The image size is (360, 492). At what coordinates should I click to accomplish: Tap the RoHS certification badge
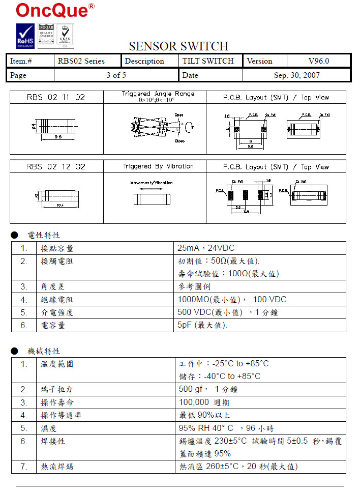(x=25, y=36)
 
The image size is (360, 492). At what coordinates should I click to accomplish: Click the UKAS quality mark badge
(x=65, y=36)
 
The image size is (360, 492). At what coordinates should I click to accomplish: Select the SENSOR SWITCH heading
(x=178, y=46)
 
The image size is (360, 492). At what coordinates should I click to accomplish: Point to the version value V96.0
(x=319, y=61)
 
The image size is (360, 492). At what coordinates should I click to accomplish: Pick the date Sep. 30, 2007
(x=297, y=75)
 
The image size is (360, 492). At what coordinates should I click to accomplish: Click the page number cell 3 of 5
(x=116, y=75)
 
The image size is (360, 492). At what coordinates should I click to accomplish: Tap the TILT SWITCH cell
(x=208, y=61)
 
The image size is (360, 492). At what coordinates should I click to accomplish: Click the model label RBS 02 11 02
(x=56, y=97)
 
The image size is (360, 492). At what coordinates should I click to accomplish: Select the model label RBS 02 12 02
(x=56, y=167)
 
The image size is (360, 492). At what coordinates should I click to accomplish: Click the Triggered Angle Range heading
(x=158, y=94)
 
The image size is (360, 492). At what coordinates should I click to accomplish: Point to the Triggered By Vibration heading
(x=158, y=166)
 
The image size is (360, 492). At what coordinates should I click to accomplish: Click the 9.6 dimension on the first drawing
(x=58, y=137)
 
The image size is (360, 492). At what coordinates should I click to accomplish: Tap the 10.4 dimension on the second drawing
(x=59, y=205)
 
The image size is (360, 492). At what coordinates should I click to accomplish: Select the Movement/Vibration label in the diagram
(x=152, y=183)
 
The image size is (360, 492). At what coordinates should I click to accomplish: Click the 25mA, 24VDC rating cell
(x=206, y=248)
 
